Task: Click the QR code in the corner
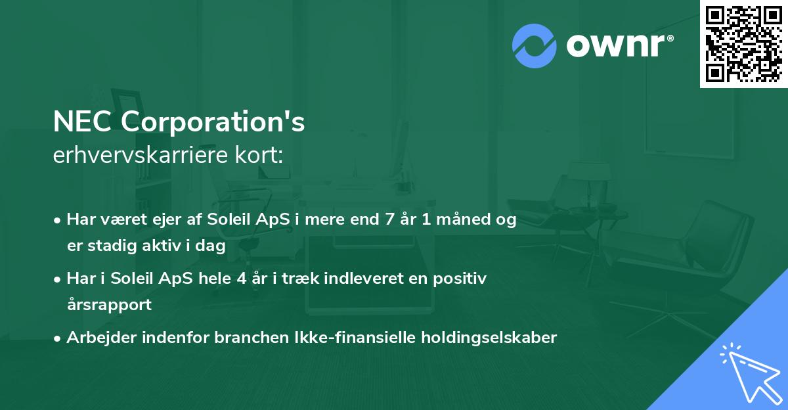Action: click(743, 43)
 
